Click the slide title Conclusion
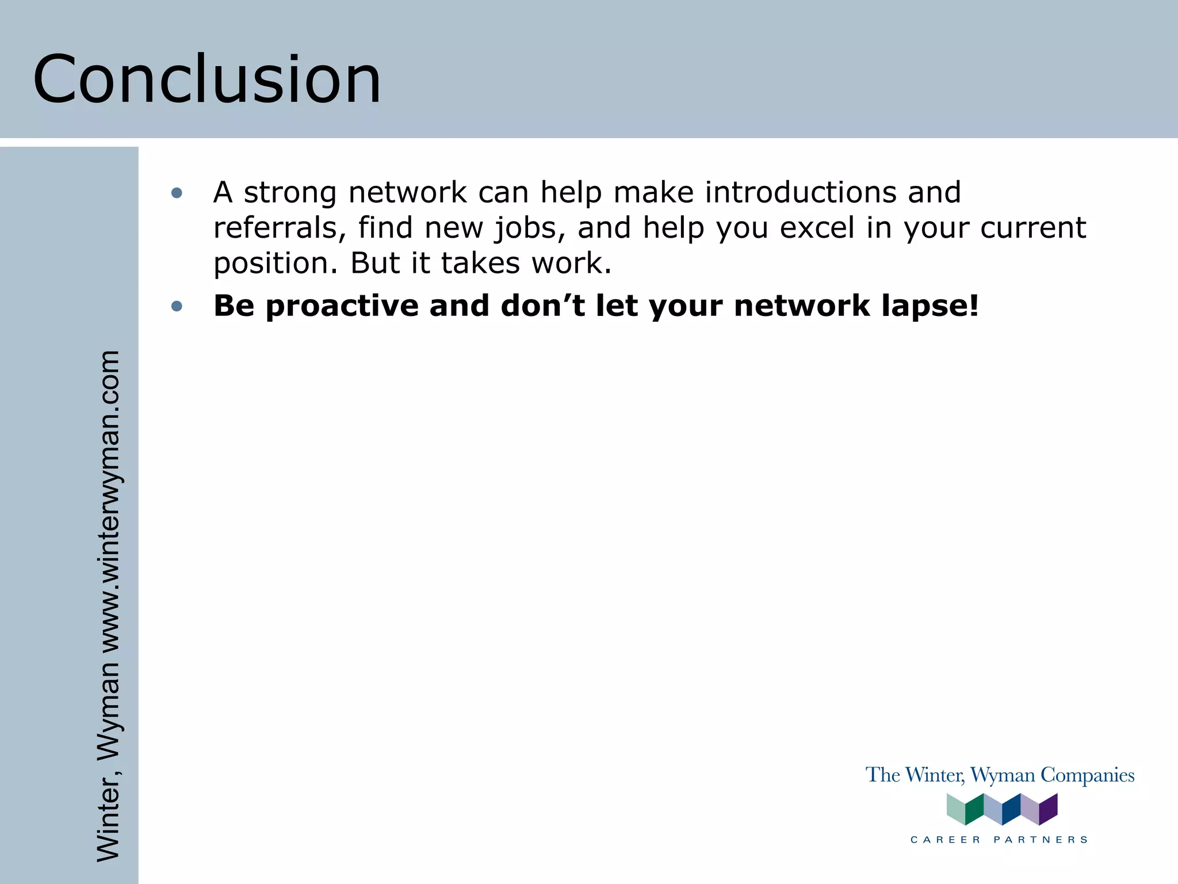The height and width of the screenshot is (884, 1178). pos(207,79)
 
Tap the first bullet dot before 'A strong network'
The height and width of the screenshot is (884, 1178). pos(177,193)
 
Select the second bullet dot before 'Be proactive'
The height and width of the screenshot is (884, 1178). pos(177,306)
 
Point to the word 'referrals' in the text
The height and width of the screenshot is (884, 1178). pos(279,228)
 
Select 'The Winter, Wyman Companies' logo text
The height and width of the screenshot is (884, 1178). pos(1000,775)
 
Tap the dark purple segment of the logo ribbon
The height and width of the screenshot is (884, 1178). pos(1048,809)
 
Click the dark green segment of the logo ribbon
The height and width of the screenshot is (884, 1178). pos(974,809)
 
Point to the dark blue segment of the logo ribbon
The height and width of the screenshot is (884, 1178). pos(1011,809)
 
